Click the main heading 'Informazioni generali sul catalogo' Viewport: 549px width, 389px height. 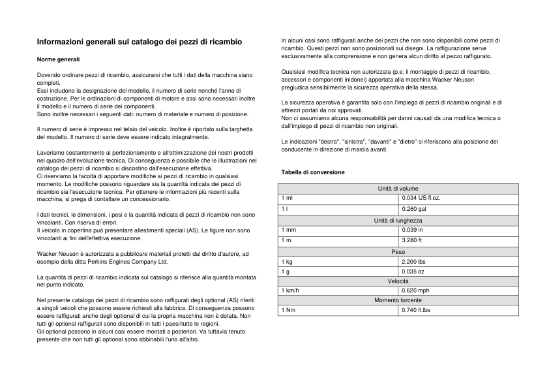(x=139, y=42)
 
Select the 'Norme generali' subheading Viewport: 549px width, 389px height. (x=58, y=59)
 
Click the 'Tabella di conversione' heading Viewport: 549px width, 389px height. (x=313, y=172)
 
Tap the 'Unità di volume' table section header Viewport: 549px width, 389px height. (x=398, y=189)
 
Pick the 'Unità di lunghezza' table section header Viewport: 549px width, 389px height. (x=398, y=221)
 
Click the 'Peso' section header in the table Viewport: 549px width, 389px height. (x=398, y=252)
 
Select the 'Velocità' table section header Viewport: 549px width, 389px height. (x=398, y=281)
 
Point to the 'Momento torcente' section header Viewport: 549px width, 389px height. (x=398, y=300)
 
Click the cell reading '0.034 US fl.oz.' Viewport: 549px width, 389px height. (x=422, y=197)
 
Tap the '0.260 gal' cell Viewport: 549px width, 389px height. (x=414, y=209)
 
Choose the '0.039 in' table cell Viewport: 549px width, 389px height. (x=412, y=230)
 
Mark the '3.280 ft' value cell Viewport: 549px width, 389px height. (x=412, y=240)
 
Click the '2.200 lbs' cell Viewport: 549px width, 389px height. (x=413, y=261)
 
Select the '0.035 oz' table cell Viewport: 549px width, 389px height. (x=413, y=272)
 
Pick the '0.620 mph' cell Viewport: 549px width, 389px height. (x=415, y=290)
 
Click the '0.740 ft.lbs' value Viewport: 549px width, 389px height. (x=417, y=310)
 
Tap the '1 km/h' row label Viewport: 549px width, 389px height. (x=290, y=290)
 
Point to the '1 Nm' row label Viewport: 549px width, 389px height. (x=288, y=310)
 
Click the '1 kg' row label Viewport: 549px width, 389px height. (x=287, y=261)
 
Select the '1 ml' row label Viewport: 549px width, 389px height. (x=287, y=197)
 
